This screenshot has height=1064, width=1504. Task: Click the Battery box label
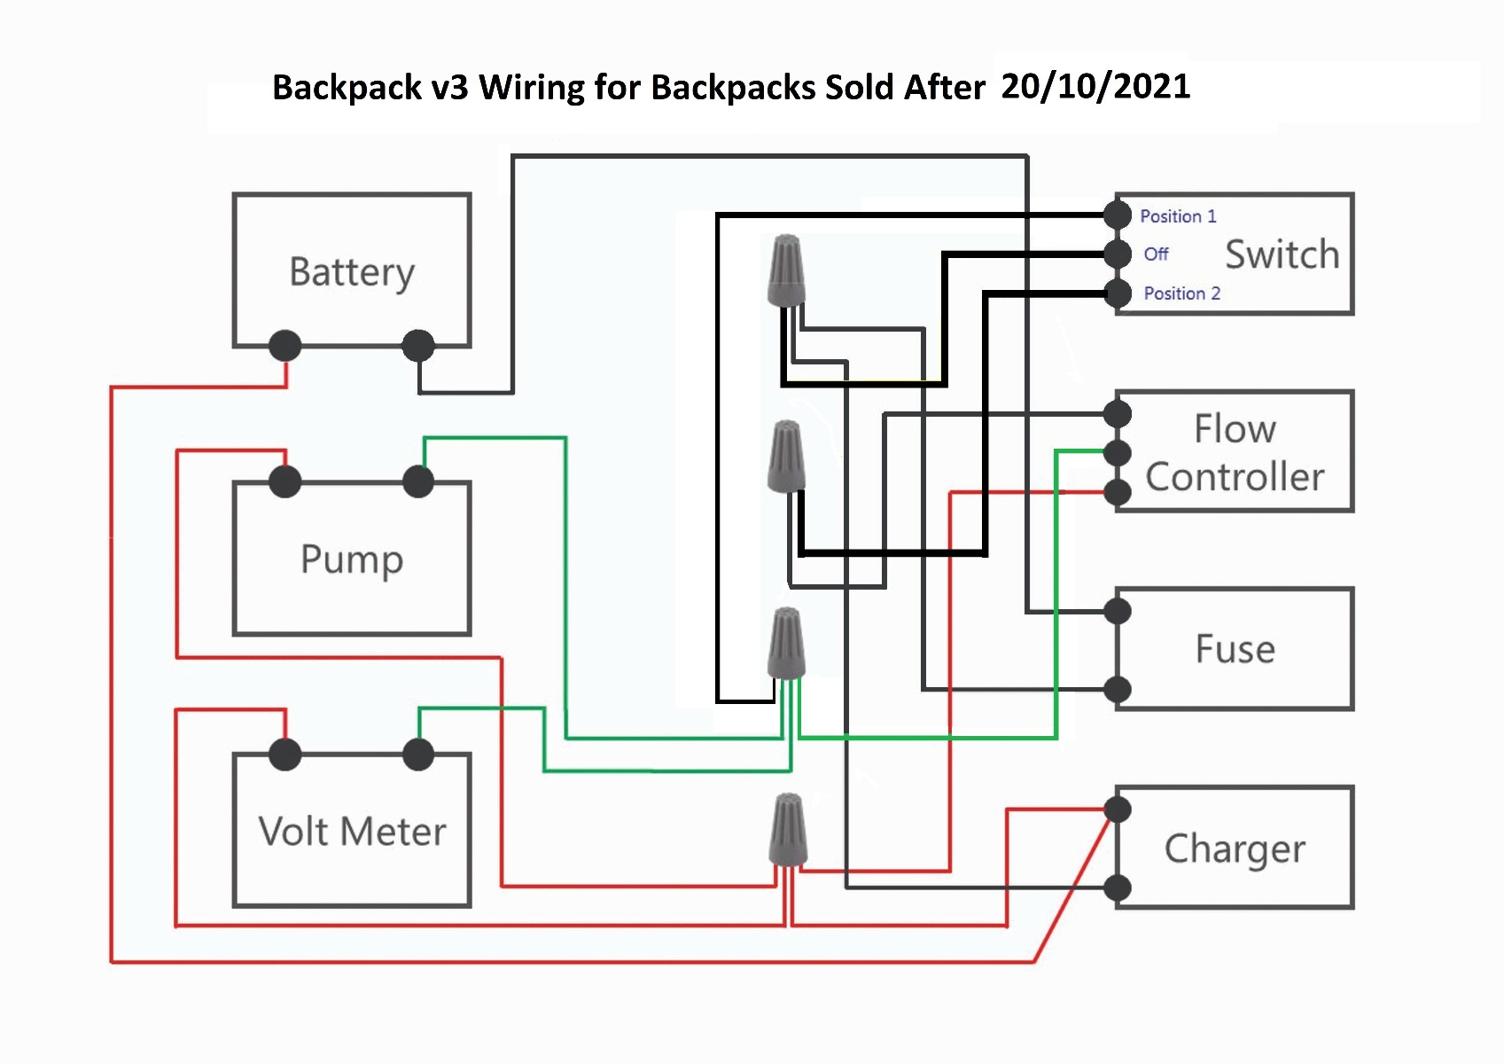(x=352, y=272)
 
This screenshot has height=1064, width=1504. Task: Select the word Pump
(x=352, y=559)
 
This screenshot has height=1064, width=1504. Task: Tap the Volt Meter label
(x=352, y=832)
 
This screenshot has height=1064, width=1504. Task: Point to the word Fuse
(x=1235, y=649)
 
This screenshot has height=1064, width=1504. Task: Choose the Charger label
(x=1235, y=849)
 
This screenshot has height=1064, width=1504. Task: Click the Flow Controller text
(x=1235, y=453)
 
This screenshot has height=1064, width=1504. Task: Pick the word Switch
(x=1282, y=254)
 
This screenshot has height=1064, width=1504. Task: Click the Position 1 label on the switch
(x=1178, y=216)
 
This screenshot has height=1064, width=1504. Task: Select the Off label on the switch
(x=1156, y=254)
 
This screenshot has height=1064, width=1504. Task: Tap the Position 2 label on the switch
(x=1181, y=293)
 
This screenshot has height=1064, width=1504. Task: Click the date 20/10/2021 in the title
(x=1095, y=86)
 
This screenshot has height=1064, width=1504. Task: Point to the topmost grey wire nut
(x=787, y=270)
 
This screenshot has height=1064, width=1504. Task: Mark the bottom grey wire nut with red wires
(x=787, y=830)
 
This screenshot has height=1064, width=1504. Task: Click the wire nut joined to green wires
(x=787, y=644)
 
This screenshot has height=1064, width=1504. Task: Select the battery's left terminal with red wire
(x=284, y=345)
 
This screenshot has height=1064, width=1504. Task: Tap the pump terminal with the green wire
(x=418, y=482)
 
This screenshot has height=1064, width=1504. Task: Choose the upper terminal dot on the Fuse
(x=1118, y=611)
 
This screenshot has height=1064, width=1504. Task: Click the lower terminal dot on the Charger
(x=1118, y=887)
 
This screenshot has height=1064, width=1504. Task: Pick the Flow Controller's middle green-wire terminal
(x=1118, y=453)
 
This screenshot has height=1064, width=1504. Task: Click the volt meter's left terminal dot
(x=284, y=755)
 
